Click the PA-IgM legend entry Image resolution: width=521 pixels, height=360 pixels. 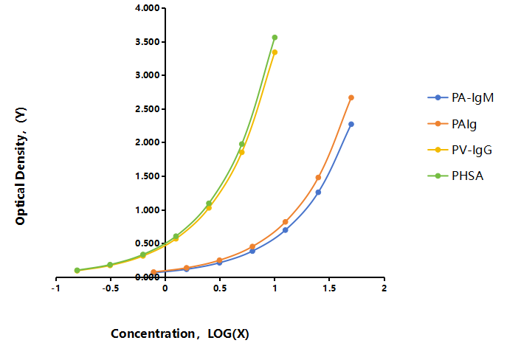[x=460, y=97]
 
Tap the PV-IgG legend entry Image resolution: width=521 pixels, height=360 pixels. [x=460, y=150]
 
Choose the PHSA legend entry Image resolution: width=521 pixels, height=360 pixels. [x=455, y=176]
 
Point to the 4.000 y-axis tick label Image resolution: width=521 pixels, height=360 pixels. [x=148, y=8]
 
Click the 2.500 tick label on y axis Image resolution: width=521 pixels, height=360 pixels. [x=148, y=109]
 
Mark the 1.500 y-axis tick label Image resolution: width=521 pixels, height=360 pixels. [x=148, y=176]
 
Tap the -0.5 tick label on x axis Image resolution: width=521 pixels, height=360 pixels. [x=110, y=288]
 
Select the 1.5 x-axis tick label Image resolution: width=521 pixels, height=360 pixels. [x=329, y=288]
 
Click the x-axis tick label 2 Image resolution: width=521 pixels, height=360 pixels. [x=384, y=288]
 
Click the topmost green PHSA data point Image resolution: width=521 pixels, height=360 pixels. [x=275, y=38]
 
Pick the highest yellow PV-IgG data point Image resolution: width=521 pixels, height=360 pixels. [x=275, y=52]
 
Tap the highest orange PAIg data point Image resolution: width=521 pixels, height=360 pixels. [x=351, y=97]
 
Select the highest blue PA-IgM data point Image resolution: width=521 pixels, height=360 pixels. [x=351, y=124]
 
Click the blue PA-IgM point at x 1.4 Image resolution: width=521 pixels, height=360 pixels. [x=318, y=193]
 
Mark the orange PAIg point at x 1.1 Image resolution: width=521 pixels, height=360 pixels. [x=286, y=222]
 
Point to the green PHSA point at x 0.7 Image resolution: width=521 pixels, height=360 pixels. [x=242, y=144]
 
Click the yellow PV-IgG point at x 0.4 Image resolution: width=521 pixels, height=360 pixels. [x=209, y=207]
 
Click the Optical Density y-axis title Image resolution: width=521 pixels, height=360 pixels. [x=21, y=166]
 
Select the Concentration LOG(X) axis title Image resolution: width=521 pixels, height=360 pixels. [x=180, y=333]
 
